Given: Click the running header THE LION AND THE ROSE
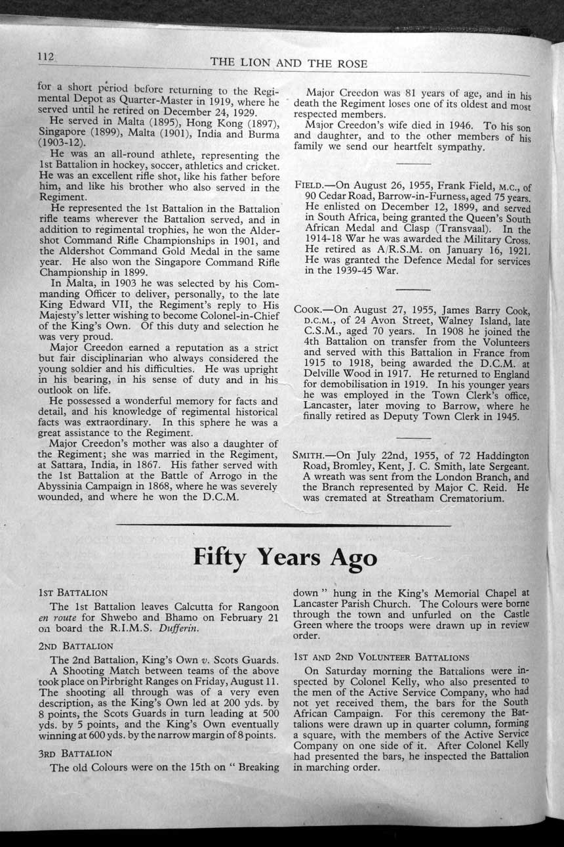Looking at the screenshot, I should [x=289, y=63].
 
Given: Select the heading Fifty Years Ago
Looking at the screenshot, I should [x=285, y=557].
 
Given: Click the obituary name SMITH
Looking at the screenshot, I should [x=310, y=455].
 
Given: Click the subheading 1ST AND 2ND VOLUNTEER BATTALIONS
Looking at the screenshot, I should [x=382, y=657].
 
